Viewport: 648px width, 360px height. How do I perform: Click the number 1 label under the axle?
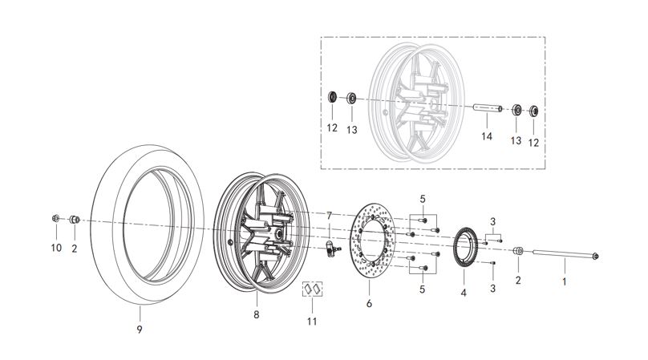click(x=564, y=281)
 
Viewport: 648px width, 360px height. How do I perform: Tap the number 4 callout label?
click(x=464, y=293)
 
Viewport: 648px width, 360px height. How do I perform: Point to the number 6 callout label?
click(x=369, y=304)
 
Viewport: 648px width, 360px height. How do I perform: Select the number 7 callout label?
click(x=328, y=216)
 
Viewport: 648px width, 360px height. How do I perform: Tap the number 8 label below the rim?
click(x=257, y=315)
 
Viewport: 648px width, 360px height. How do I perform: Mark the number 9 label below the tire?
click(x=139, y=328)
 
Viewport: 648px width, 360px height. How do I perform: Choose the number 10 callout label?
click(x=56, y=249)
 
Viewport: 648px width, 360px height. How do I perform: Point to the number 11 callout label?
click(x=312, y=322)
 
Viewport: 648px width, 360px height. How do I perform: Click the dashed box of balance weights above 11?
click(x=312, y=289)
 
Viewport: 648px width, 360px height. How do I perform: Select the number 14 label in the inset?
click(x=486, y=137)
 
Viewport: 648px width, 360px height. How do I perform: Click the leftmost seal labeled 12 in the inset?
click(x=331, y=98)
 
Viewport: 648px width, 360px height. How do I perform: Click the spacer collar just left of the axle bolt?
click(x=518, y=253)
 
